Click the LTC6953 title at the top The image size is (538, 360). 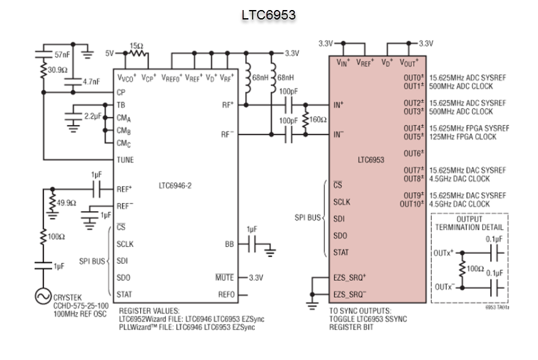[268, 14]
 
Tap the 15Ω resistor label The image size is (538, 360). [136, 46]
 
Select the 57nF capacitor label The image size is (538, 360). [62, 55]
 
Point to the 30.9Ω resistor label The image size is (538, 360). [58, 70]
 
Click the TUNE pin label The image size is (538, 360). [125, 160]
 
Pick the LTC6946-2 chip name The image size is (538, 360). [175, 186]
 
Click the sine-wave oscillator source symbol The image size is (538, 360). [43, 296]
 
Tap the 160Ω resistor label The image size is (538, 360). [318, 119]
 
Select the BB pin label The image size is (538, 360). [229, 244]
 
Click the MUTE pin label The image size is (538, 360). [224, 277]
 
